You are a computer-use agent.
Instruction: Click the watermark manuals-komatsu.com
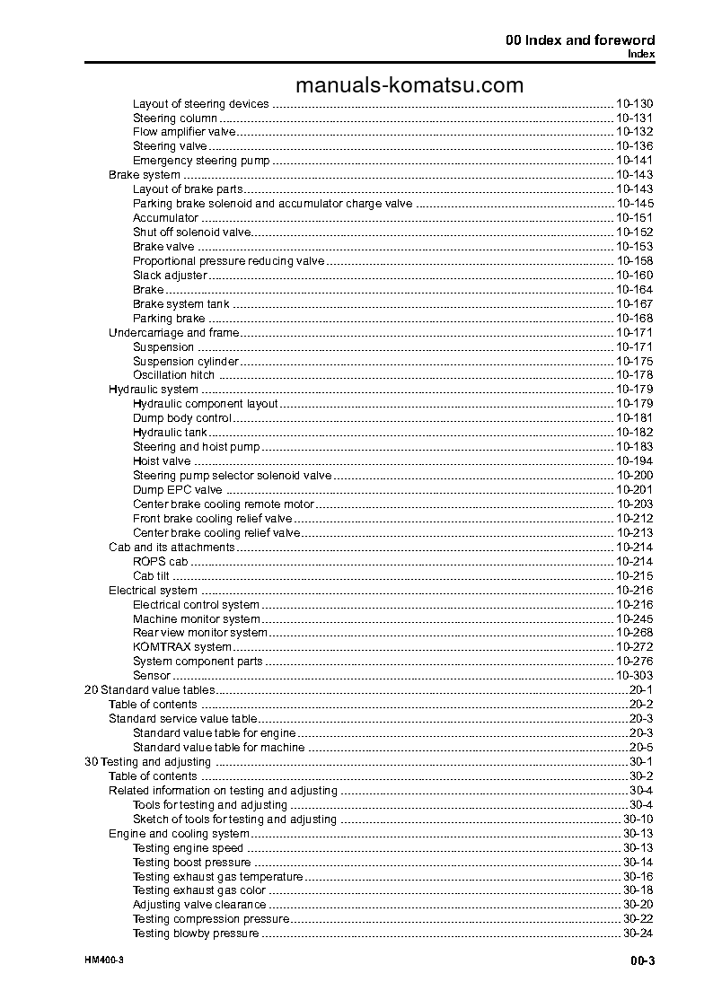click(x=409, y=85)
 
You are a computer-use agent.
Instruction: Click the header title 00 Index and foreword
click(x=578, y=40)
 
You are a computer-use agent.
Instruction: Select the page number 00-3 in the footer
click(x=641, y=960)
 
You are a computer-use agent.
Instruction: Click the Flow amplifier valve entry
click(x=184, y=132)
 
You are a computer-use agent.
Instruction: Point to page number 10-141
click(x=634, y=161)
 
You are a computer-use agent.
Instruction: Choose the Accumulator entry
click(x=165, y=218)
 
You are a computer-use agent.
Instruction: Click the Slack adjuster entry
click(x=170, y=276)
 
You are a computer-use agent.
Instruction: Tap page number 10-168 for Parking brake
click(x=634, y=319)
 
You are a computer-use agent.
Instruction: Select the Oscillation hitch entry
click(x=173, y=375)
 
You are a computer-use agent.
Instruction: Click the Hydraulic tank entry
click(x=170, y=433)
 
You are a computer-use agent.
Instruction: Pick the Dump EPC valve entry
click(x=177, y=490)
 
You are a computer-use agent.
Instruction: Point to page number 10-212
click(x=634, y=519)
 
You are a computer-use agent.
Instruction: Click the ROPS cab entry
click(x=160, y=562)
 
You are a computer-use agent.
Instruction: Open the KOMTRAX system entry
click(x=181, y=647)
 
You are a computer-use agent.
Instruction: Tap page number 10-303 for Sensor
click(x=634, y=676)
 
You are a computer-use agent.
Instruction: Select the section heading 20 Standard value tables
click(x=149, y=690)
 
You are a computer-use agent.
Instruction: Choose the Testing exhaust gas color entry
click(x=198, y=890)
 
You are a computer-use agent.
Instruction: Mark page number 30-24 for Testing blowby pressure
click(x=638, y=933)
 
